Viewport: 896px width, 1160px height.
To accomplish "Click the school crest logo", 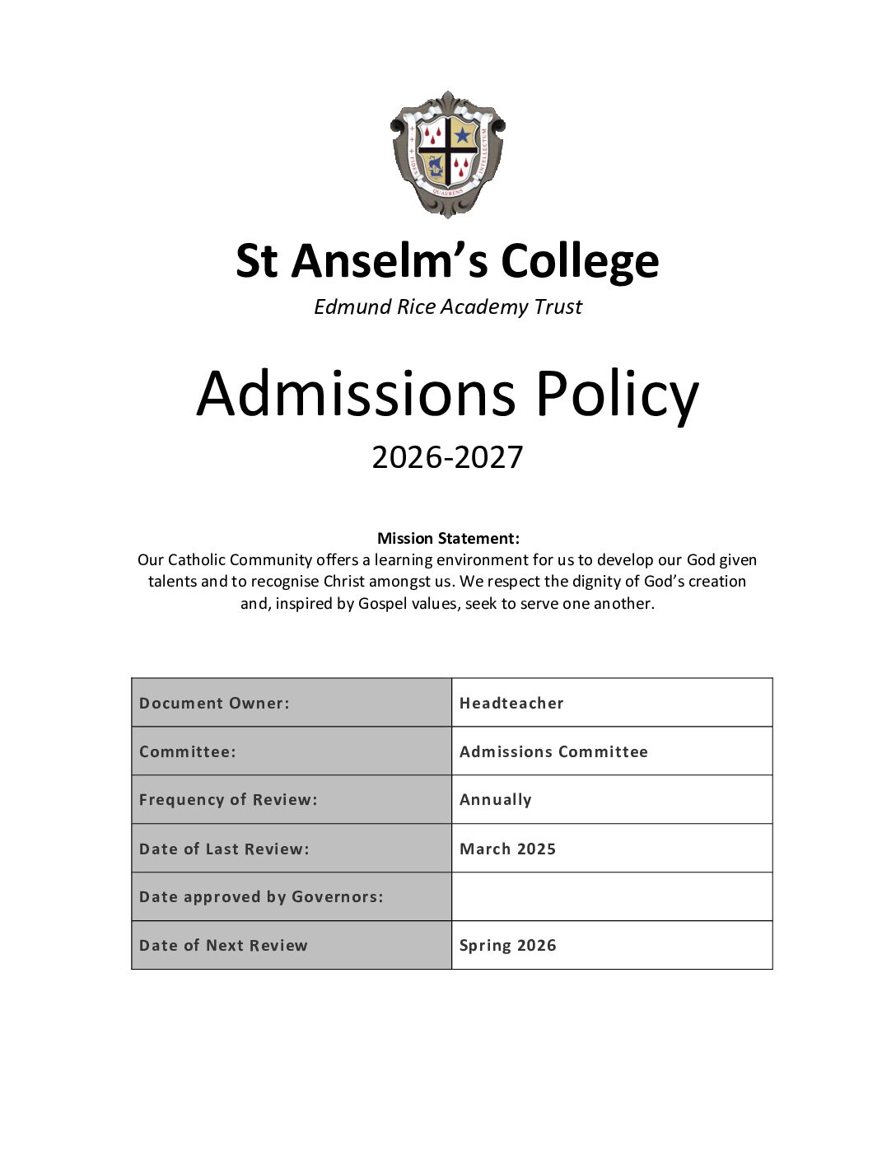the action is (447, 154).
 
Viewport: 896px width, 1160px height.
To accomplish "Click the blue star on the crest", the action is (464, 134).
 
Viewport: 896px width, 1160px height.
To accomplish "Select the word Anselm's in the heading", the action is (386, 261).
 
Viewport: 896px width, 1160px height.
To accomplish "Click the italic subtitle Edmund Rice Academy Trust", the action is (448, 307).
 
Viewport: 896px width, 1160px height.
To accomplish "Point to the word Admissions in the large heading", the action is (357, 394).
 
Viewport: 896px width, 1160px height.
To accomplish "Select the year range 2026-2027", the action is (447, 457).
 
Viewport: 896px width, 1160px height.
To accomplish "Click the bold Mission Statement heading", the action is (448, 539).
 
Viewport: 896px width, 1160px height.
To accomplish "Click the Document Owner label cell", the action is (292, 703).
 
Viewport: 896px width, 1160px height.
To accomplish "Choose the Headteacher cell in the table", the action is (612, 703).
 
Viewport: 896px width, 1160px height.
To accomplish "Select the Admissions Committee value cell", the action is (612, 751).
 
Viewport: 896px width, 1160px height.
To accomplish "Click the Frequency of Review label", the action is (228, 800).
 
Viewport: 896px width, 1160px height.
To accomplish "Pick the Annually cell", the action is (612, 800).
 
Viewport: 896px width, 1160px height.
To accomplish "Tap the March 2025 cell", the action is (612, 849).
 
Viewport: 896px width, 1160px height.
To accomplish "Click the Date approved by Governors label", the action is (261, 897).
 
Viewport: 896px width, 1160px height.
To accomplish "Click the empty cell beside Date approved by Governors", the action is (612, 897).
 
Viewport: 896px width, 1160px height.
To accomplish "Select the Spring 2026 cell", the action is (612, 946).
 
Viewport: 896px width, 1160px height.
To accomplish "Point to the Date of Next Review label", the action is (223, 946).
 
